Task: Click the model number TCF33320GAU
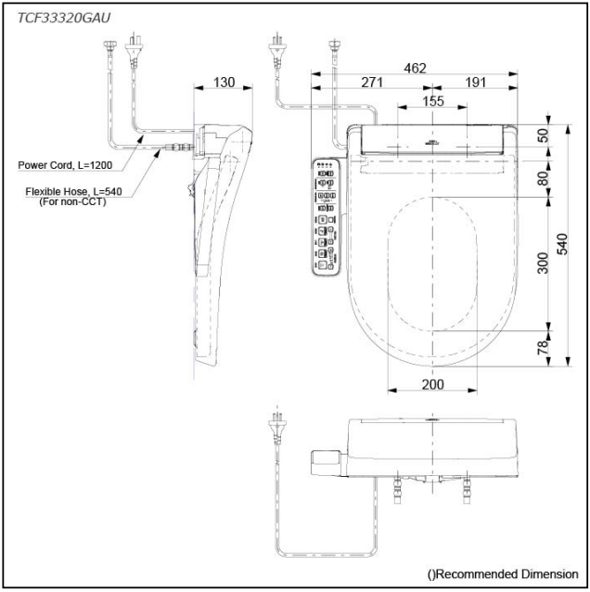(62, 15)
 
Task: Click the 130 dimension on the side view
(224, 83)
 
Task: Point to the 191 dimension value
(476, 83)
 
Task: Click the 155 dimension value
(433, 101)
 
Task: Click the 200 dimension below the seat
(431, 384)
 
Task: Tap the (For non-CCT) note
(66, 202)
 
